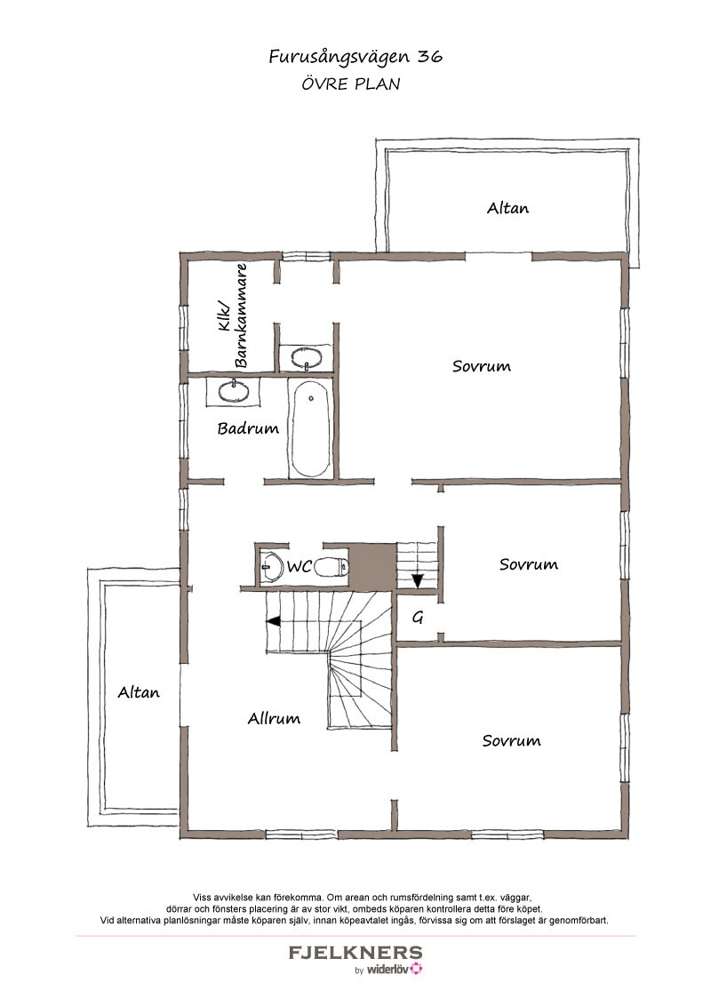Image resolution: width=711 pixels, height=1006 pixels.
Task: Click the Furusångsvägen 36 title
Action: (355, 57)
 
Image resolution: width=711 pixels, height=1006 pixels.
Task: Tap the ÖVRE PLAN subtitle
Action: (351, 84)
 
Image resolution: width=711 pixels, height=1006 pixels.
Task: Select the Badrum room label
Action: (248, 428)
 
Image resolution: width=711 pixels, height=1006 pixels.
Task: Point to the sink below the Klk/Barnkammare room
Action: (234, 391)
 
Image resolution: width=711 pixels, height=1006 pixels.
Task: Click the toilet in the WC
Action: (332, 566)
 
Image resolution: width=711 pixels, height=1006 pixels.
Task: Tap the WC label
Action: (299, 566)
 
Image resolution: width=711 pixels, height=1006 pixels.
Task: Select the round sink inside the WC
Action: (273, 567)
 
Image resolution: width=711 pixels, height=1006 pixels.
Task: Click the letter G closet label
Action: (418, 618)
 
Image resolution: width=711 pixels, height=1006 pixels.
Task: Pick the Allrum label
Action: (274, 719)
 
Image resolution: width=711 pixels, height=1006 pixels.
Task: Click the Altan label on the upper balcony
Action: (507, 208)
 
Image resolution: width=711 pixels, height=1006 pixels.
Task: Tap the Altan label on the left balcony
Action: (139, 692)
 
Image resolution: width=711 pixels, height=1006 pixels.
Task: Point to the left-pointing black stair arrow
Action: (274, 621)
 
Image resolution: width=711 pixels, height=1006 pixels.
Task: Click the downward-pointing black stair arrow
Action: (418, 580)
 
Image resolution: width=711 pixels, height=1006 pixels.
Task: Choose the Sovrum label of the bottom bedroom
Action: (511, 741)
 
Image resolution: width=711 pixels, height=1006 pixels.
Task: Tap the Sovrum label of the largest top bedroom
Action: (482, 366)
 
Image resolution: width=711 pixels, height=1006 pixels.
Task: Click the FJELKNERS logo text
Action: (355, 953)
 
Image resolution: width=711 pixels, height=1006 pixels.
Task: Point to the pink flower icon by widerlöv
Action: (417, 969)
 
